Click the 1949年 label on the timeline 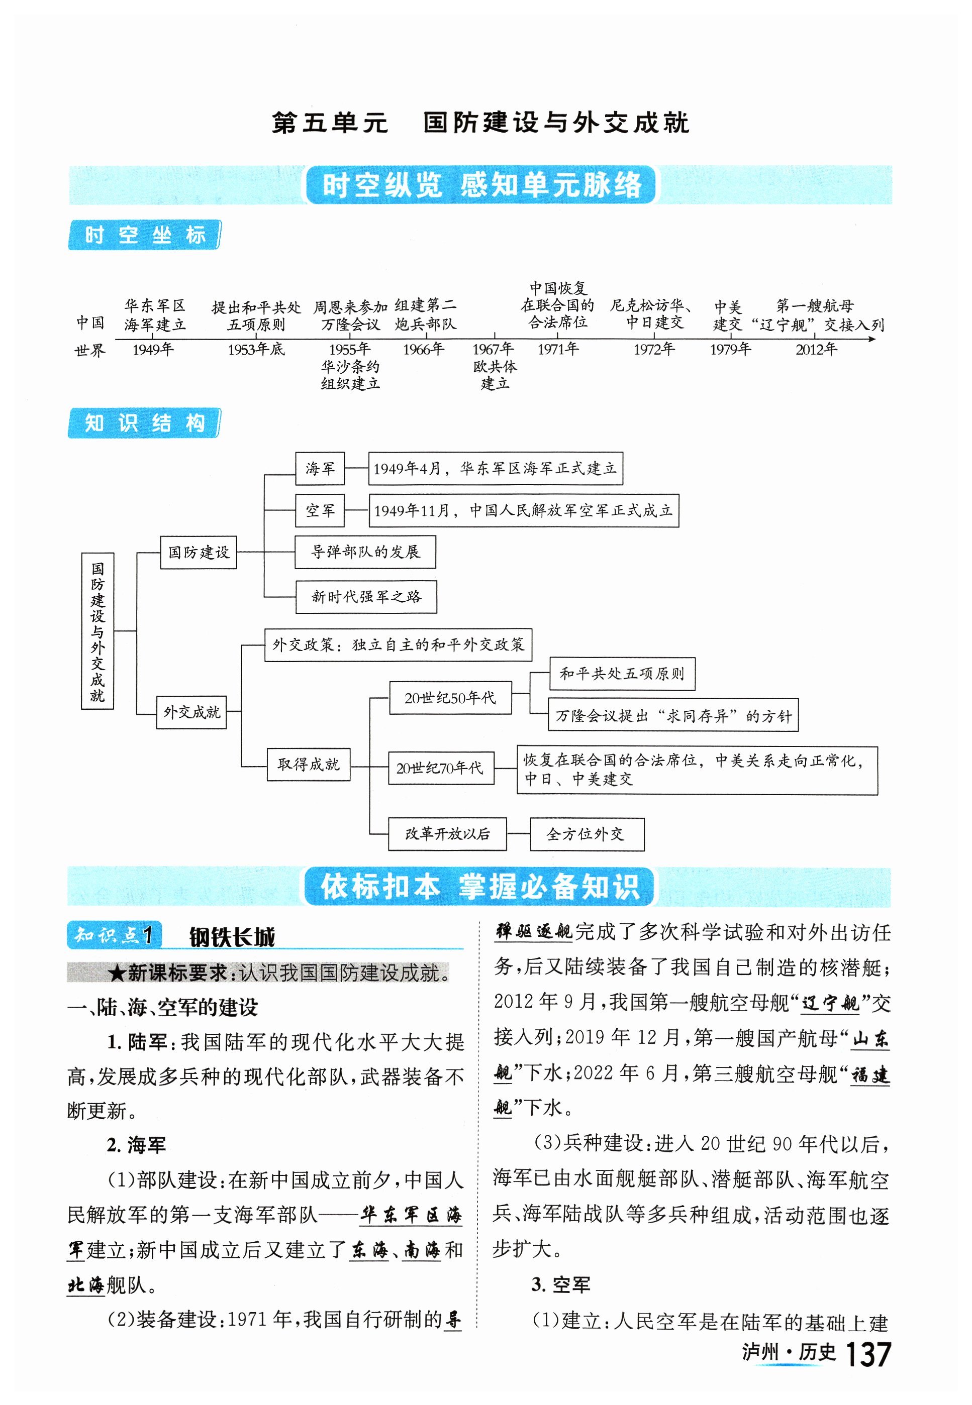click(153, 350)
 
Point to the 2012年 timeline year click(816, 350)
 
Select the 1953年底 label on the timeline click(256, 350)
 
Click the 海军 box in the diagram click(320, 468)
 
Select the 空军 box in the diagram click(320, 510)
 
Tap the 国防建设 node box click(199, 552)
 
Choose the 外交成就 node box click(191, 712)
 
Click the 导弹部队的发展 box click(365, 552)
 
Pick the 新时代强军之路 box click(365, 597)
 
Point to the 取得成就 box click(308, 764)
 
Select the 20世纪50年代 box click(450, 698)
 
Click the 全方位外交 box click(587, 834)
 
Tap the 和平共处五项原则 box click(622, 673)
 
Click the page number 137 click(868, 1354)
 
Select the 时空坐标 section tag click(144, 235)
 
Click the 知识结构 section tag click(144, 423)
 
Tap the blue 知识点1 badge click(114, 935)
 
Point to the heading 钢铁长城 click(232, 937)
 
